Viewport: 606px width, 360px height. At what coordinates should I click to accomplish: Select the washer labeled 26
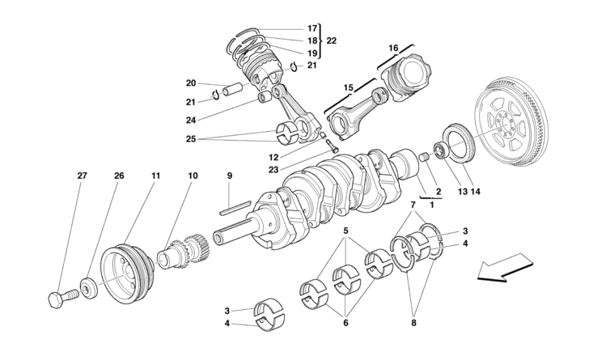88,288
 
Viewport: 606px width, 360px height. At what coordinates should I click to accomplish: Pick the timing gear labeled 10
184,254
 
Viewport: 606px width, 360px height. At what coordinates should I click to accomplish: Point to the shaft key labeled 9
235,207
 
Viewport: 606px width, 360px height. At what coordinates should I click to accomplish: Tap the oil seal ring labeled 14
459,144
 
